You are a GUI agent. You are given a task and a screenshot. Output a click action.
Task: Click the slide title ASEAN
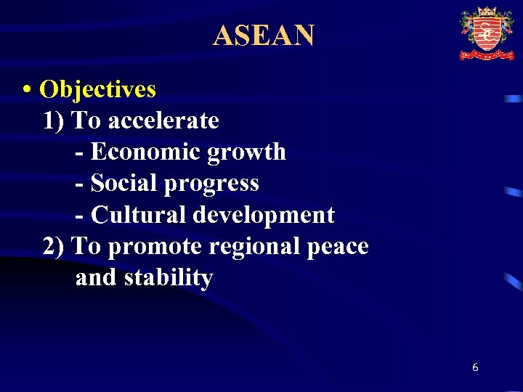pyautogui.click(x=263, y=35)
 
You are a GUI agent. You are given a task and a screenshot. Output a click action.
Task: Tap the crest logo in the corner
pyautogui.click(x=486, y=33)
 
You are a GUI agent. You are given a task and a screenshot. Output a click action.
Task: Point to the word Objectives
pyautogui.click(x=97, y=89)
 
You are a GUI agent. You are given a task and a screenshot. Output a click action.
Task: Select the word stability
pyautogui.click(x=169, y=278)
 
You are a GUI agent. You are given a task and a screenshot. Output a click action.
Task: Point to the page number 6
pyautogui.click(x=475, y=367)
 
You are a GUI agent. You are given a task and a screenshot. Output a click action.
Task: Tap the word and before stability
pyautogui.click(x=97, y=278)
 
